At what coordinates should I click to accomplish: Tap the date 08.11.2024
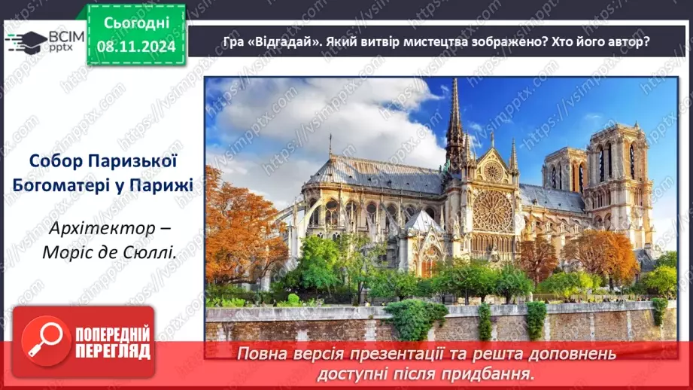[135, 46]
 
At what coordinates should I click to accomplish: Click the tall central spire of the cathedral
[454, 120]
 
